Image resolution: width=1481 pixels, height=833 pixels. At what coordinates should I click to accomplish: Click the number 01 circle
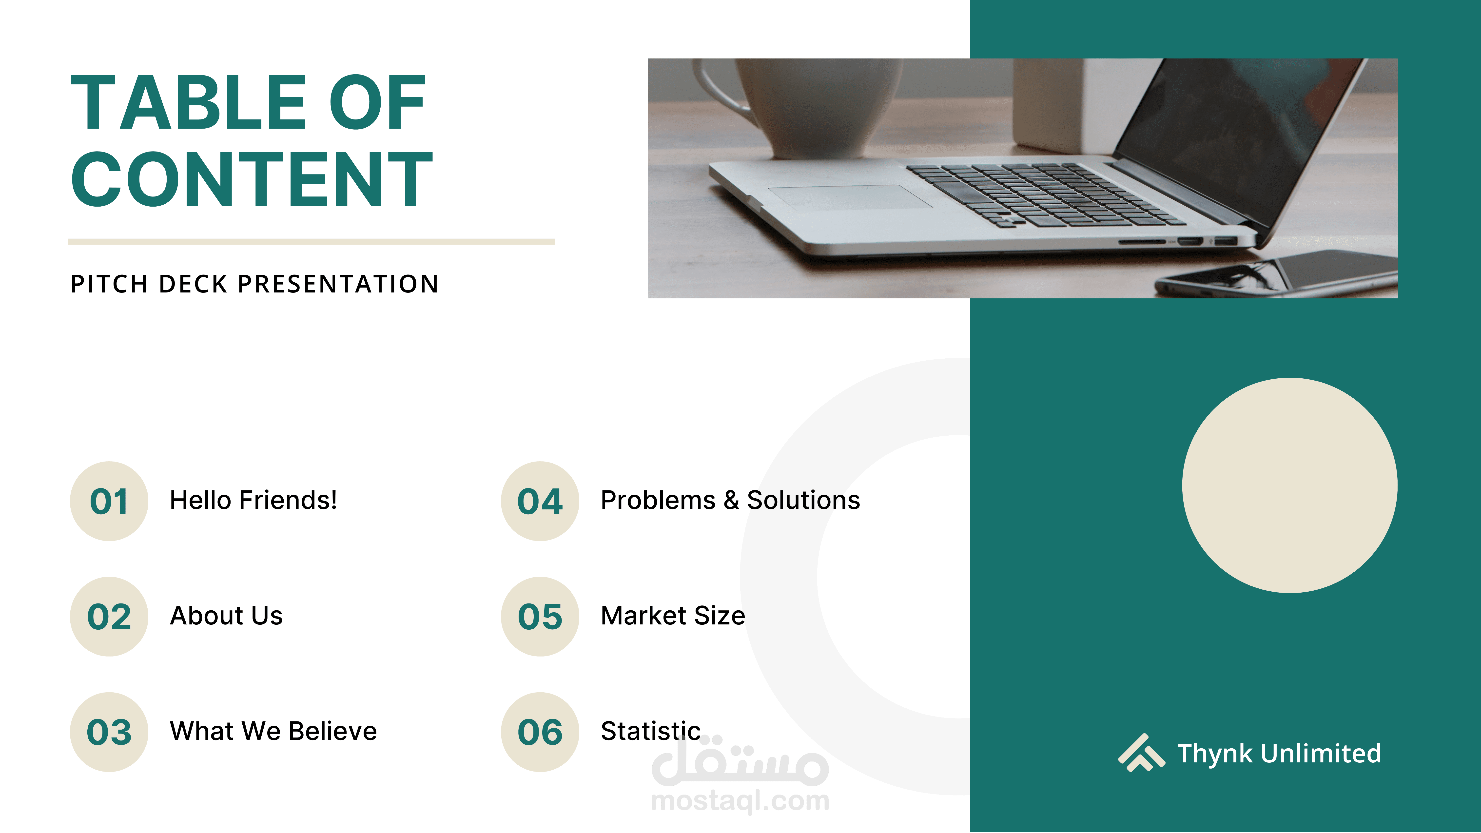(109, 501)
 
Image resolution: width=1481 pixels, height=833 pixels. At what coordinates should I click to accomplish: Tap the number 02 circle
(109, 616)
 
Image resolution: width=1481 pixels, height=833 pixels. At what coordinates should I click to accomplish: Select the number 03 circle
(109, 732)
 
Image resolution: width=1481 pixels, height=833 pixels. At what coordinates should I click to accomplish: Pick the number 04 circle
(540, 501)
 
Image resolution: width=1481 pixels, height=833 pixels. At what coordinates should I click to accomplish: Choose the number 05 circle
(540, 616)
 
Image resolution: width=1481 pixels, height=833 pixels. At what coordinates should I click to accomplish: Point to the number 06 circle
(540, 732)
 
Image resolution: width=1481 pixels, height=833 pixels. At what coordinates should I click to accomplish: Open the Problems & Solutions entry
(730, 500)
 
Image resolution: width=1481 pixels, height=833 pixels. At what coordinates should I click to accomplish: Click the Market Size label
(673, 615)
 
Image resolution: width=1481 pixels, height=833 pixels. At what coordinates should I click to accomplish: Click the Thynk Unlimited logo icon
(1141, 753)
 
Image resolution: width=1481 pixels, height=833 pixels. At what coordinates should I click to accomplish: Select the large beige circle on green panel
(1289, 485)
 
